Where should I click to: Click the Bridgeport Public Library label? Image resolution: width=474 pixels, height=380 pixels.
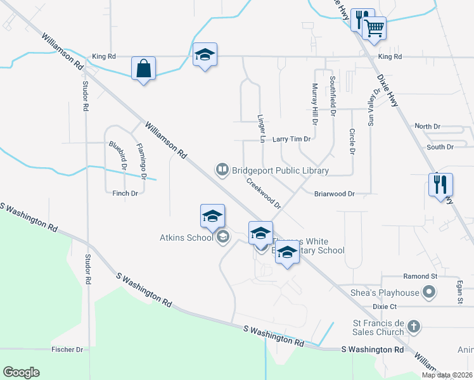pos(280,170)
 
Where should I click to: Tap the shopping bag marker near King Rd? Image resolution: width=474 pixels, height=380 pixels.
pos(143,68)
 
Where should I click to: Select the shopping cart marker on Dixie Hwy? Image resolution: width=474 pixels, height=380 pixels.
pos(375,28)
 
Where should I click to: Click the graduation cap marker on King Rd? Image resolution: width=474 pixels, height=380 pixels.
pos(205,55)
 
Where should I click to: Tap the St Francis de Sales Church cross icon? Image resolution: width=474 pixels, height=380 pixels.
pos(413,327)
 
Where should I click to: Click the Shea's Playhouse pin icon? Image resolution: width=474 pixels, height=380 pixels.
pos(429,292)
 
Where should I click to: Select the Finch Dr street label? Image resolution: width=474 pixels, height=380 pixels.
pos(125,193)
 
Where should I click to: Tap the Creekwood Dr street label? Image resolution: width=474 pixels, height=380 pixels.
pos(264,193)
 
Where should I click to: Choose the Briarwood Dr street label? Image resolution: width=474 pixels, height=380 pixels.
pos(334,194)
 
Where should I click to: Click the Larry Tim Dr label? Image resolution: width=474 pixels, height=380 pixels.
pos(291,139)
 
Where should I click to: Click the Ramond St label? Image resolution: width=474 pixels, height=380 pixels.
pos(421,277)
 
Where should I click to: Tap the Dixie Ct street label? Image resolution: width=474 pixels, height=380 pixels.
pos(384,306)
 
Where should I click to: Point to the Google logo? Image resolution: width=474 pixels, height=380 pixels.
pos(21,372)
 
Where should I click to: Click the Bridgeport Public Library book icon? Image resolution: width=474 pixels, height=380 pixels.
pos(222,169)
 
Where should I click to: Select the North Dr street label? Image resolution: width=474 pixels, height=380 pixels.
pos(427,127)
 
